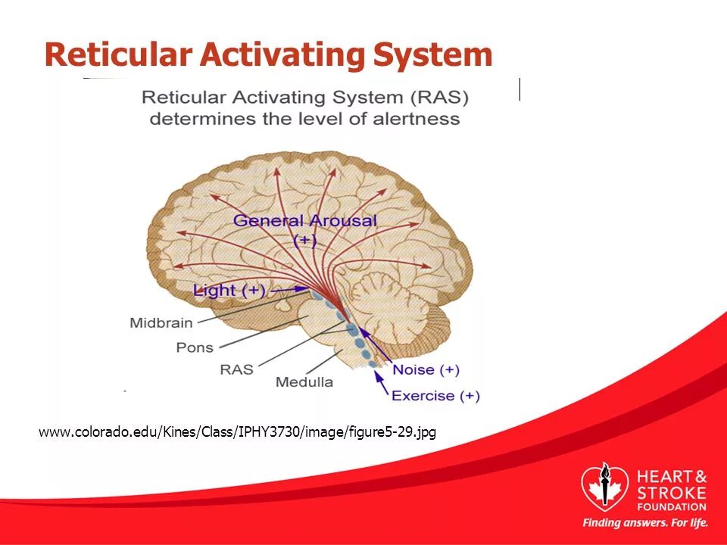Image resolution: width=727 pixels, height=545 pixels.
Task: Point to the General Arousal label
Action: pyautogui.click(x=304, y=221)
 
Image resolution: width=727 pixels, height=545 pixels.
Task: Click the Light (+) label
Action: pyautogui.click(x=229, y=290)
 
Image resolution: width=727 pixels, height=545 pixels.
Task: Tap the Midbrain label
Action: pyautogui.click(x=161, y=322)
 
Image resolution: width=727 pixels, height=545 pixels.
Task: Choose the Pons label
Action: pyautogui.click(x=194, y=347)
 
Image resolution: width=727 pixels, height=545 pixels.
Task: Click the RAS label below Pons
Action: pyautogui.click(x=236, y=369)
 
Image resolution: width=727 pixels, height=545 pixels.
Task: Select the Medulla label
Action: pyautogui.click(x=304, y=382)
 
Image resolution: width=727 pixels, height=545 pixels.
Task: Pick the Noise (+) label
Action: pyautogui.click(x=426, y=370)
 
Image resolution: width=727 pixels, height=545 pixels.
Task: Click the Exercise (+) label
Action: pyautogui.click(x=435, y=395)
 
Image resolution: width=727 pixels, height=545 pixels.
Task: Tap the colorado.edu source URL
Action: pyautogui.click(x=237, y=432)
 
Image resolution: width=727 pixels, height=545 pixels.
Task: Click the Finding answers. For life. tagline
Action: pyautogui.click(x=645, y=523)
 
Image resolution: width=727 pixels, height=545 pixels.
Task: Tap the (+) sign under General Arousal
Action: pyautogui.click(x=304, y=240)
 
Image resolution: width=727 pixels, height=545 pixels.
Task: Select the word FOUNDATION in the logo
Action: pyautogui.click(x=672, y=506)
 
